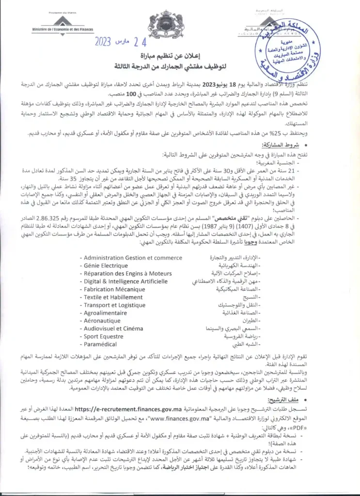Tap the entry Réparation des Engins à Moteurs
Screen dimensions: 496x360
[x=127, y=273]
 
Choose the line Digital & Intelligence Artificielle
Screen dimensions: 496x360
[x=125, y=281]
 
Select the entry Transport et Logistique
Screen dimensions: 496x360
[x=114, y=305]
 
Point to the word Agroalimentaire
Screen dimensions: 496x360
[x=105, y=313]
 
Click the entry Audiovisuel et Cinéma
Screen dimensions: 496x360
[x=113, y=328]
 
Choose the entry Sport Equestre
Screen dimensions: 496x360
[x=103, y=336]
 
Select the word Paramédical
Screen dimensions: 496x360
[x=100, y=344]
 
